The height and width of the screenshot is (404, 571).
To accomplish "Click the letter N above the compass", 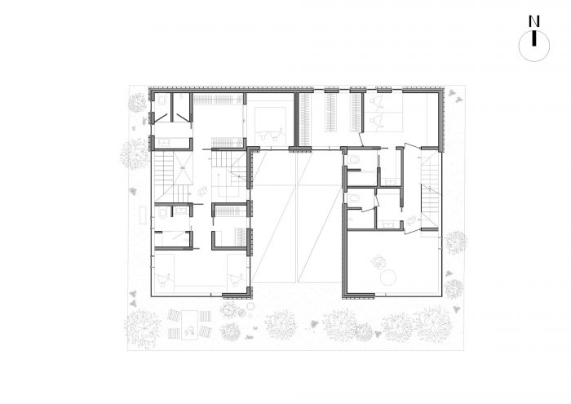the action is point(533,21).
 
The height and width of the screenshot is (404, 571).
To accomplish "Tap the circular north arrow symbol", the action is point(533,46).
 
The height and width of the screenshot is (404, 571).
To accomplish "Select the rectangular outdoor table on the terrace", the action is point(189,325).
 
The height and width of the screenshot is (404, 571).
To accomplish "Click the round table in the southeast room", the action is point(387,278).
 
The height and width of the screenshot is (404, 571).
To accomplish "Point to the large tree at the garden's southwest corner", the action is point(142,329).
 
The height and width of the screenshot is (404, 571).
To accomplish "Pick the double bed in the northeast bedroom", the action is point(385,112).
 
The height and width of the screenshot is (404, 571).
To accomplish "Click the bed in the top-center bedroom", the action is point(268,126).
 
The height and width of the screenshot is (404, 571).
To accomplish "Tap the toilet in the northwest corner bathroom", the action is point(162,100).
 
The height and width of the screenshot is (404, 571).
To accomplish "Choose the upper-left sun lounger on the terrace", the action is point(173,315).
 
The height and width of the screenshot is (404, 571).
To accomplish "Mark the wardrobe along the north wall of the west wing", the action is point(218,99).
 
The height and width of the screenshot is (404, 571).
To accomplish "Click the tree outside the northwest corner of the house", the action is point(137,102).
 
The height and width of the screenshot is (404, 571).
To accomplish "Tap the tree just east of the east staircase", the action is point(455,242).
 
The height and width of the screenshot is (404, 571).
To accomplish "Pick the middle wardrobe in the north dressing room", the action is point(331,113).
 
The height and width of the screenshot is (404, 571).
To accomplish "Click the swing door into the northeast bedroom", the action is point(361,140).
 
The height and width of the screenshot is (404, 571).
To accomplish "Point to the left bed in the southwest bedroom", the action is point(163,271).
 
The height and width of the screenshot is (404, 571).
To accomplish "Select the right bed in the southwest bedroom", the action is point(237,271).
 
